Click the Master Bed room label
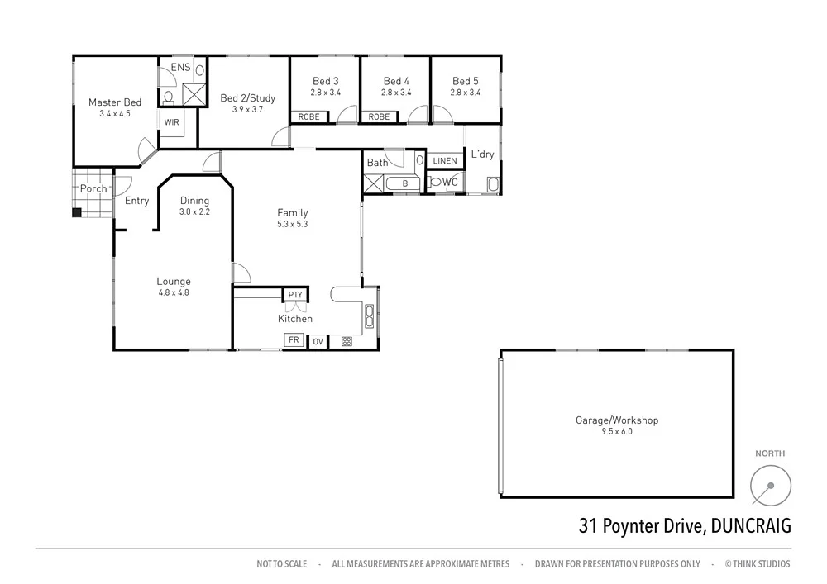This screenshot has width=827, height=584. (115, 102)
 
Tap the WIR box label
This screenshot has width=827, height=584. (171, 122)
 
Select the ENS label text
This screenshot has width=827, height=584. (180, 67)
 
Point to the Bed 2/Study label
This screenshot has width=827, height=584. (247, 98)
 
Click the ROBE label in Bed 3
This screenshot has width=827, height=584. (308, 117)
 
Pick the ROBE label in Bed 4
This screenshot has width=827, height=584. (379, 117)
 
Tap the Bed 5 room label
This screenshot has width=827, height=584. (466, 81)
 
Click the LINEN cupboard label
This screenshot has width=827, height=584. (444, 161)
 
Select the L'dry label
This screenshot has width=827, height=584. (482, 154)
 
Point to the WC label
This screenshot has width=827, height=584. (450, 182)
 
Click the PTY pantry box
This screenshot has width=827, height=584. (294, 295)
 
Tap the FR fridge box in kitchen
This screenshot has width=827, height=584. (294, 339)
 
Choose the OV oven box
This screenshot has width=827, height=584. (318, 340)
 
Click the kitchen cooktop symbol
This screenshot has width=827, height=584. (347, 340)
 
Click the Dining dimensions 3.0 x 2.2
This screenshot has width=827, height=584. (195, 211)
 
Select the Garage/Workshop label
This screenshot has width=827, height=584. (617, 420)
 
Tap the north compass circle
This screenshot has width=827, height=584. (771, 484)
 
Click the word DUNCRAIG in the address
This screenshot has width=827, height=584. (750, 526)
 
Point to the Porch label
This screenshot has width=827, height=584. (93, 188)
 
